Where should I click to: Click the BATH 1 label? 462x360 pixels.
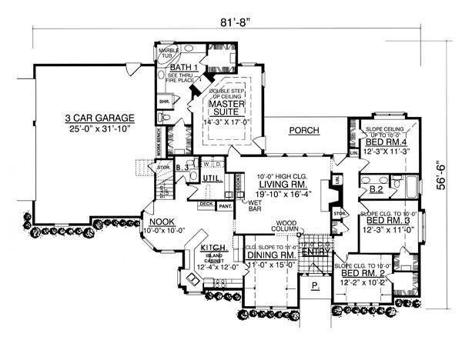point(186,68)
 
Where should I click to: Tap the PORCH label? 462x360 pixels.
point(305,131)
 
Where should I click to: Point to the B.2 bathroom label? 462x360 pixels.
point(376,188)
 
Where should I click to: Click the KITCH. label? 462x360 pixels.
point(213,248)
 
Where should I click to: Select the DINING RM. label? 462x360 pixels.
point(272,254)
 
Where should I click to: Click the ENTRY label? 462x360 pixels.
point(313,252)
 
